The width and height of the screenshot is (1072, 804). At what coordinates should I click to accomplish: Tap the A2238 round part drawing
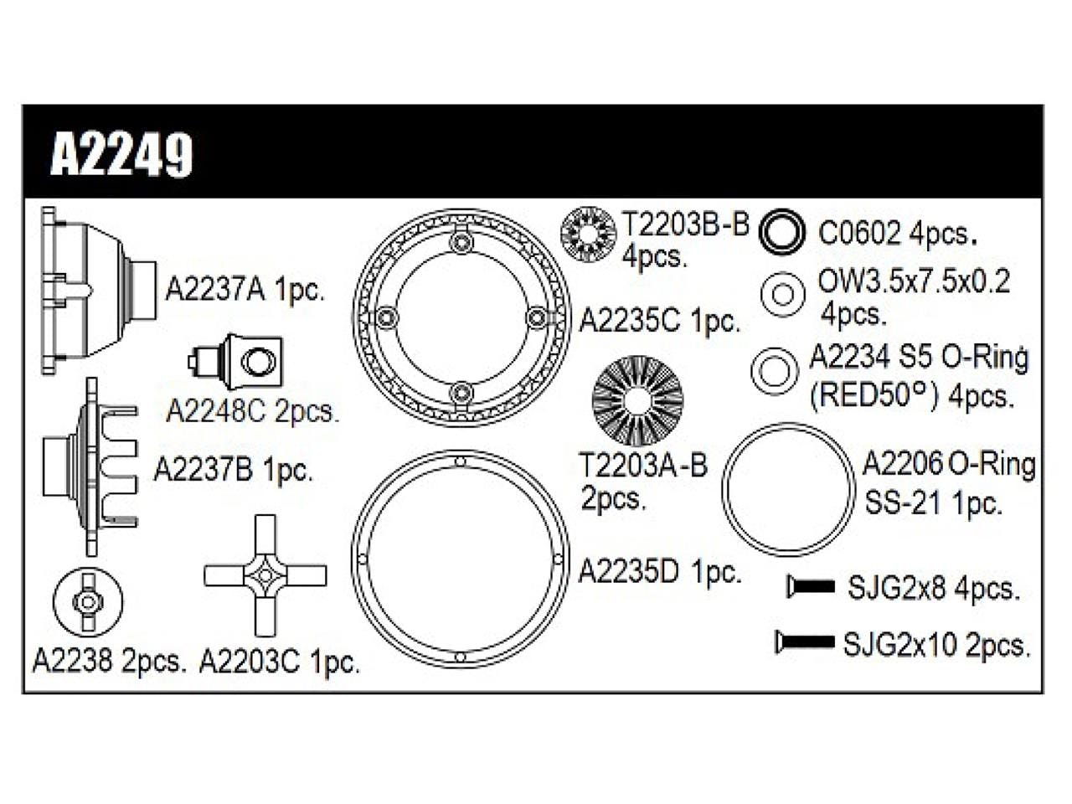coord(87,601)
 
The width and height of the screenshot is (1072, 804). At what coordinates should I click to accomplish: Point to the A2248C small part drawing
coord(237,361)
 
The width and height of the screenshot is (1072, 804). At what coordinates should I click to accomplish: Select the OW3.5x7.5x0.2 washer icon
coord(782,294)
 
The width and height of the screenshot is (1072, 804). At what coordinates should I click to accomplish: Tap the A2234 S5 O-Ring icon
coord(774,370)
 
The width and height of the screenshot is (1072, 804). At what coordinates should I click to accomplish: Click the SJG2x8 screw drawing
coord(811,587)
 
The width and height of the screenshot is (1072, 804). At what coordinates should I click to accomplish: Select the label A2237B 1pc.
coord(233,470)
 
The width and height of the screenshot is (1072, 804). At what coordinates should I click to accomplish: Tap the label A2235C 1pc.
coord(660,319)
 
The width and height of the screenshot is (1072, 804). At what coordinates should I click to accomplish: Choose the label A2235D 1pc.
coord(660,572)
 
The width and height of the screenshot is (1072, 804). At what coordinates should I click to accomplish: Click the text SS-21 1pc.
coord(932,502)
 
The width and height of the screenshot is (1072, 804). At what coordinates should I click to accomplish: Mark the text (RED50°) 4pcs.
coord(910,395)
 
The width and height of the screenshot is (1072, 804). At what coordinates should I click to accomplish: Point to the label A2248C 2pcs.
coord(252,411)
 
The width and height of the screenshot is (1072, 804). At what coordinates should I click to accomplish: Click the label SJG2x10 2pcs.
coord(935,644)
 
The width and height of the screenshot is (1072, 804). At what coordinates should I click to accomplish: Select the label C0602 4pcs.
coord(898,233)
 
